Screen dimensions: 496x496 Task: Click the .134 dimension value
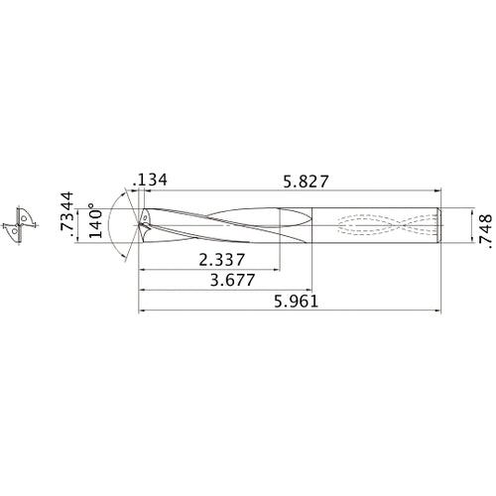[151, 180]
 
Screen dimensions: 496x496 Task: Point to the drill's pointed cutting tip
[139, 225]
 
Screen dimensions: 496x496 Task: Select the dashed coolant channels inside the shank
[382, 225]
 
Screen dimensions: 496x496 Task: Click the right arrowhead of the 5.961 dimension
[438, 311]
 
